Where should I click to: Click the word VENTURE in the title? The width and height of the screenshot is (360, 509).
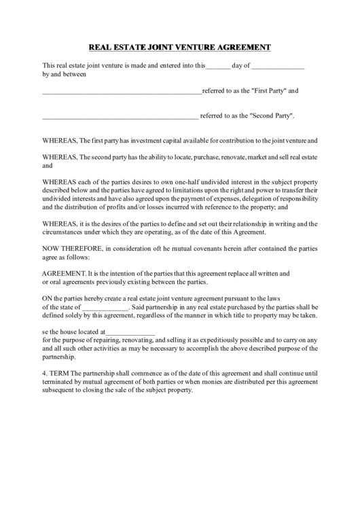pos(194,47)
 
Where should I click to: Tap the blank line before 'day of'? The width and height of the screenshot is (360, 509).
pos(217,67)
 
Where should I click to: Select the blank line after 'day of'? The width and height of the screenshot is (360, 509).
pos(278,67)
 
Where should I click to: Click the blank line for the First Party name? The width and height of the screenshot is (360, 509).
pos(122,91)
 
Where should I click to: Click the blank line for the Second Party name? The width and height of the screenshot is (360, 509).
pos(120,116)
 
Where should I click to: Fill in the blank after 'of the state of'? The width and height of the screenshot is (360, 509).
pos(104,307)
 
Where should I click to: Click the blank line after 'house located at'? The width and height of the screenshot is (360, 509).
pos(130,332)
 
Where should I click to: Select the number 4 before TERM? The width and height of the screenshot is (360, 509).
pos(44,374)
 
